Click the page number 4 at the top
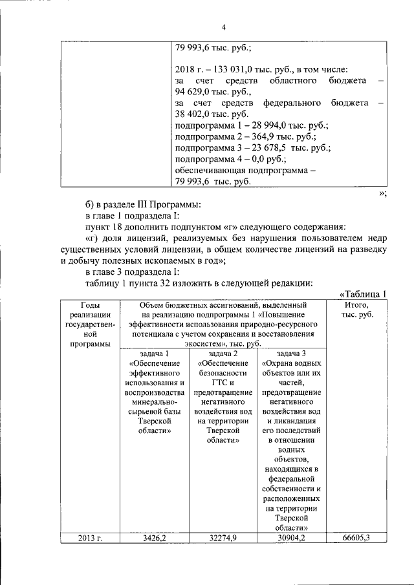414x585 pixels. [223, 27]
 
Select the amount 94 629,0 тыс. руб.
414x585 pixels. [205, 92]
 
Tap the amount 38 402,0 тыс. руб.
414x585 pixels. [206, 114]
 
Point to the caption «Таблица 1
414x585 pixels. [363, 295]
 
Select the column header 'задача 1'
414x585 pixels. [155, 354]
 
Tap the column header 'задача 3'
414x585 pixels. [291, 354]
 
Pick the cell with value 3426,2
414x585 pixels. [155, 538]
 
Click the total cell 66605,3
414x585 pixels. [356, 538]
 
